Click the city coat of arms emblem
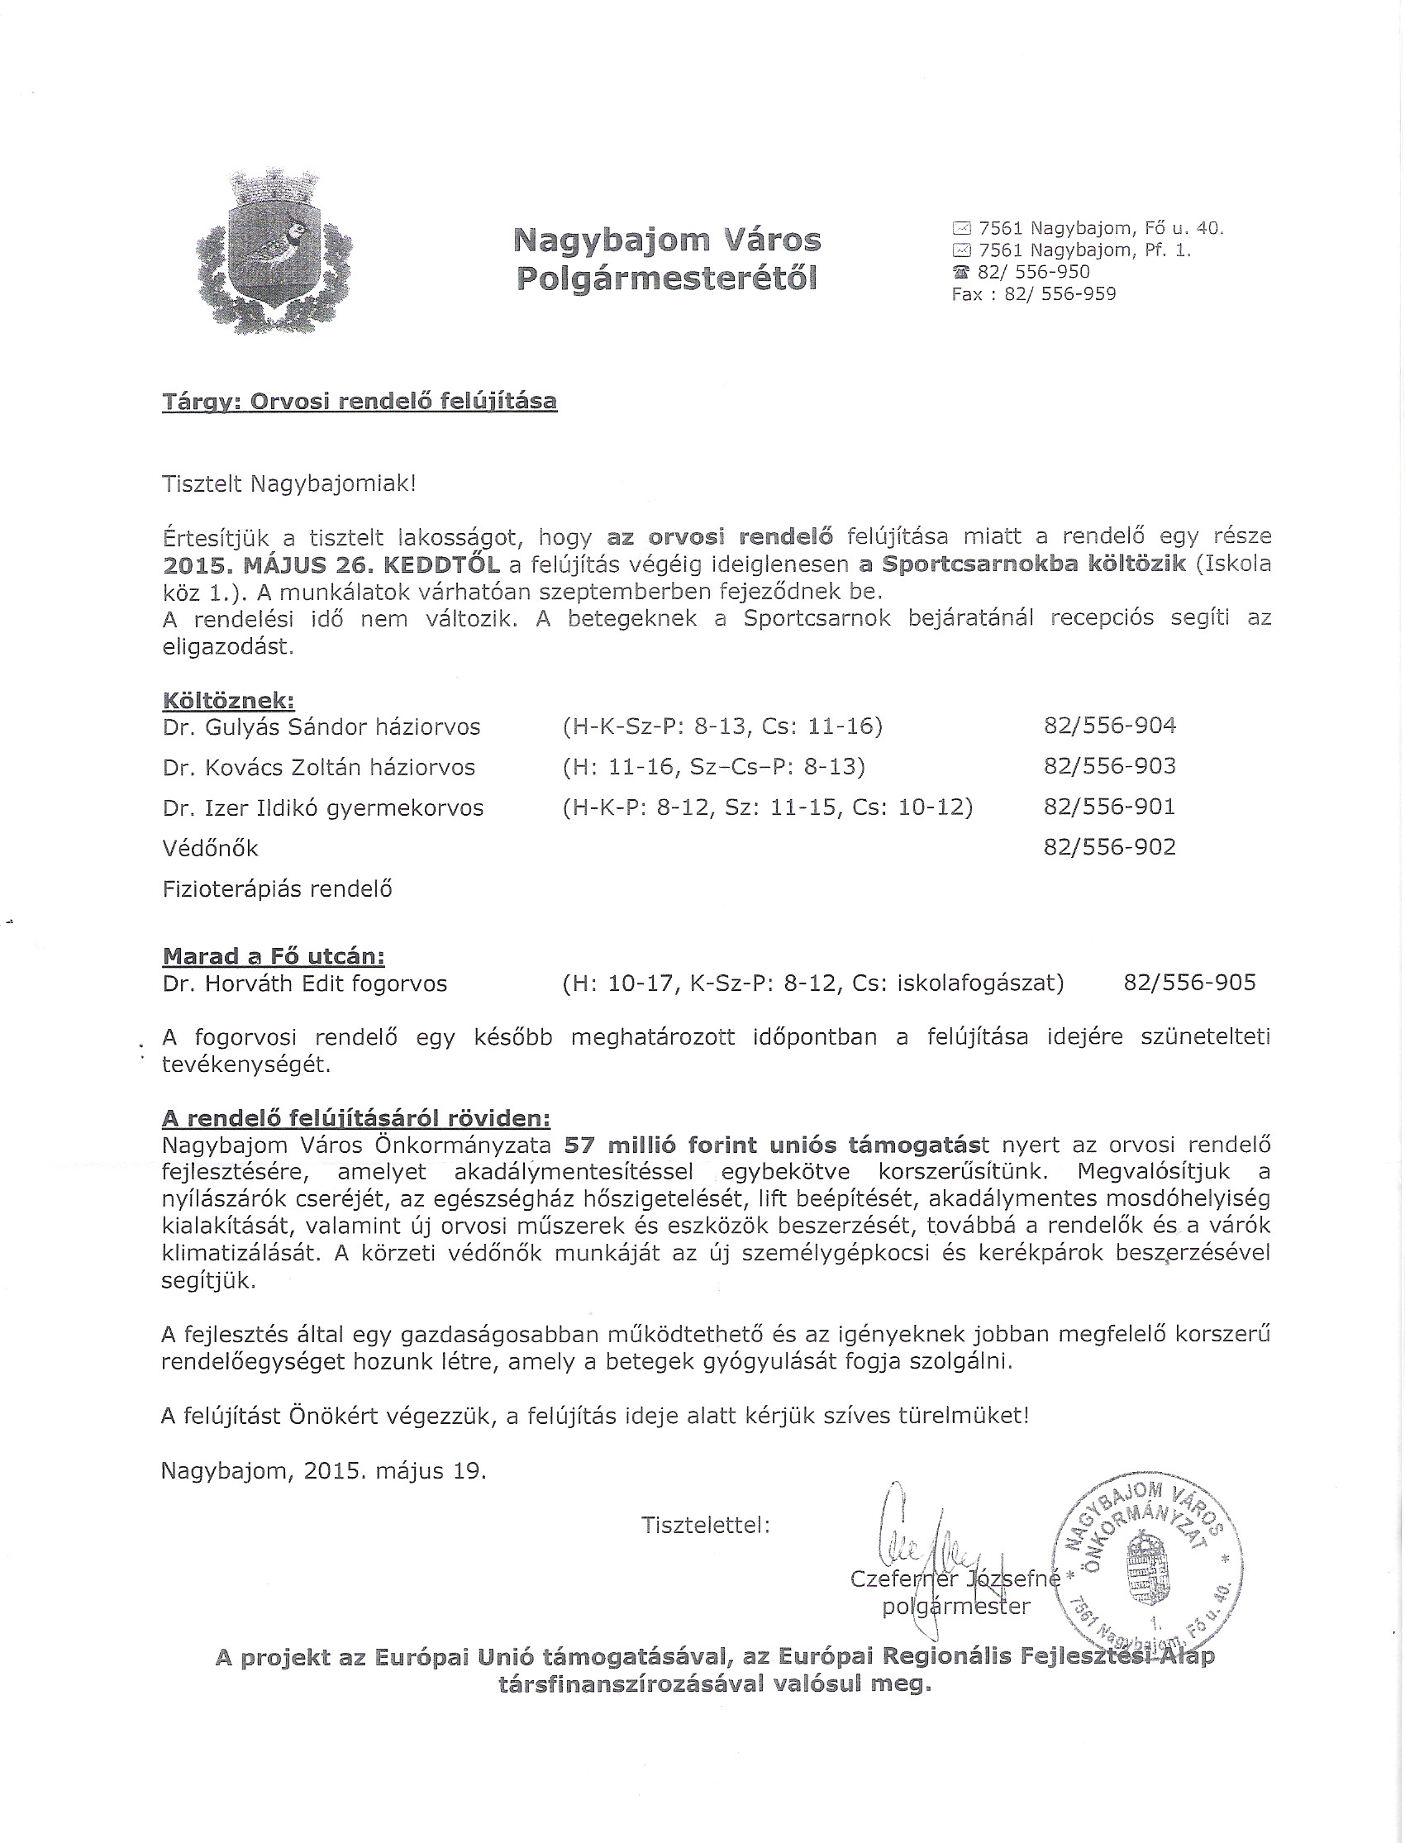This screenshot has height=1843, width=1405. (x=274, y=252)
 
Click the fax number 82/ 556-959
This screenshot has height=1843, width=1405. (x=1060, y=294)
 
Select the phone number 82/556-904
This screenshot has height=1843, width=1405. (x=1110, y=726)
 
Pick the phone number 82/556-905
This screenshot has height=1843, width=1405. (x=1189, y=983)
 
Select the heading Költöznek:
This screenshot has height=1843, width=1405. (x=228, y=701)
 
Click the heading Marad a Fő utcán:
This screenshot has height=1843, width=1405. (x=274, y=956)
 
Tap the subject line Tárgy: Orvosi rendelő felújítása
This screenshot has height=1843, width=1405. (x=360, y=402)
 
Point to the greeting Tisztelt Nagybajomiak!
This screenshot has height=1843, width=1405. (x=288, y=483)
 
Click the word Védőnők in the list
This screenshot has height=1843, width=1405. (x=211, y=849)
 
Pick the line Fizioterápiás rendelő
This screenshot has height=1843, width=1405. (x=278, y=889)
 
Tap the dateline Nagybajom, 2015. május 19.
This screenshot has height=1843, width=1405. (x=324, y=1471)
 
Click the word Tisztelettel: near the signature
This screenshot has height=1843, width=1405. (x=705, y=1526)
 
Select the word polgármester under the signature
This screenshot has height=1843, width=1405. (x=956, y=1607)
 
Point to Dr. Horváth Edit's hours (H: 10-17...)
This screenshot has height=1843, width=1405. (x=813, y=983)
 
